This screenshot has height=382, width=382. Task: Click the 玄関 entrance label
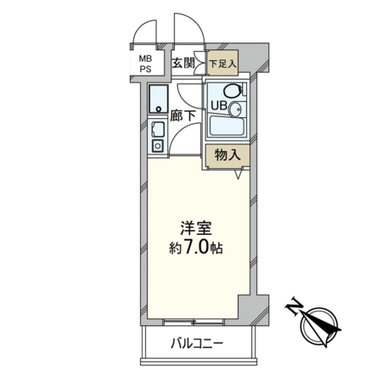tap(183, 63)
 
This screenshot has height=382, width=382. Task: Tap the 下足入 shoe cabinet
tap(222, 63)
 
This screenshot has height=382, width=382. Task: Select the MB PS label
tap(145, 64)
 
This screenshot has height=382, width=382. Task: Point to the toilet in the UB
tap(233, 90)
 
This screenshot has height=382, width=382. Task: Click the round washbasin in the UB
tap(235, 109)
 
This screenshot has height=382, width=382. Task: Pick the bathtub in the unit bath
tap(227, 126)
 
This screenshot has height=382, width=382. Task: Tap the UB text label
tap(219, 105)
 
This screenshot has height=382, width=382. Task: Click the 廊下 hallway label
tap(183, 115)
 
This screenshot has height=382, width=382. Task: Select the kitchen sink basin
tap(157, 130)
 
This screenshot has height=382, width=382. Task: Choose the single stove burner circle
tap(158, 146)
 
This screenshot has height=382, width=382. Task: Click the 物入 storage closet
tap(228, 155)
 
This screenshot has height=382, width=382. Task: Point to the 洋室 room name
tap(196, 228)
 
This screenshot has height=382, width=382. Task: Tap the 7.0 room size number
tap(196, 247)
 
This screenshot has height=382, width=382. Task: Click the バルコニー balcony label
tap(197, 344)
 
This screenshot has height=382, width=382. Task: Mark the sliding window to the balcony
tap(194, 322)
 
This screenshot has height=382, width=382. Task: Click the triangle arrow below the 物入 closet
tap(239, 174)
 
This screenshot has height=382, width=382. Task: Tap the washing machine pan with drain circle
tap(158, 98)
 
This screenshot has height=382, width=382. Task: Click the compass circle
tap(318, 327)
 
